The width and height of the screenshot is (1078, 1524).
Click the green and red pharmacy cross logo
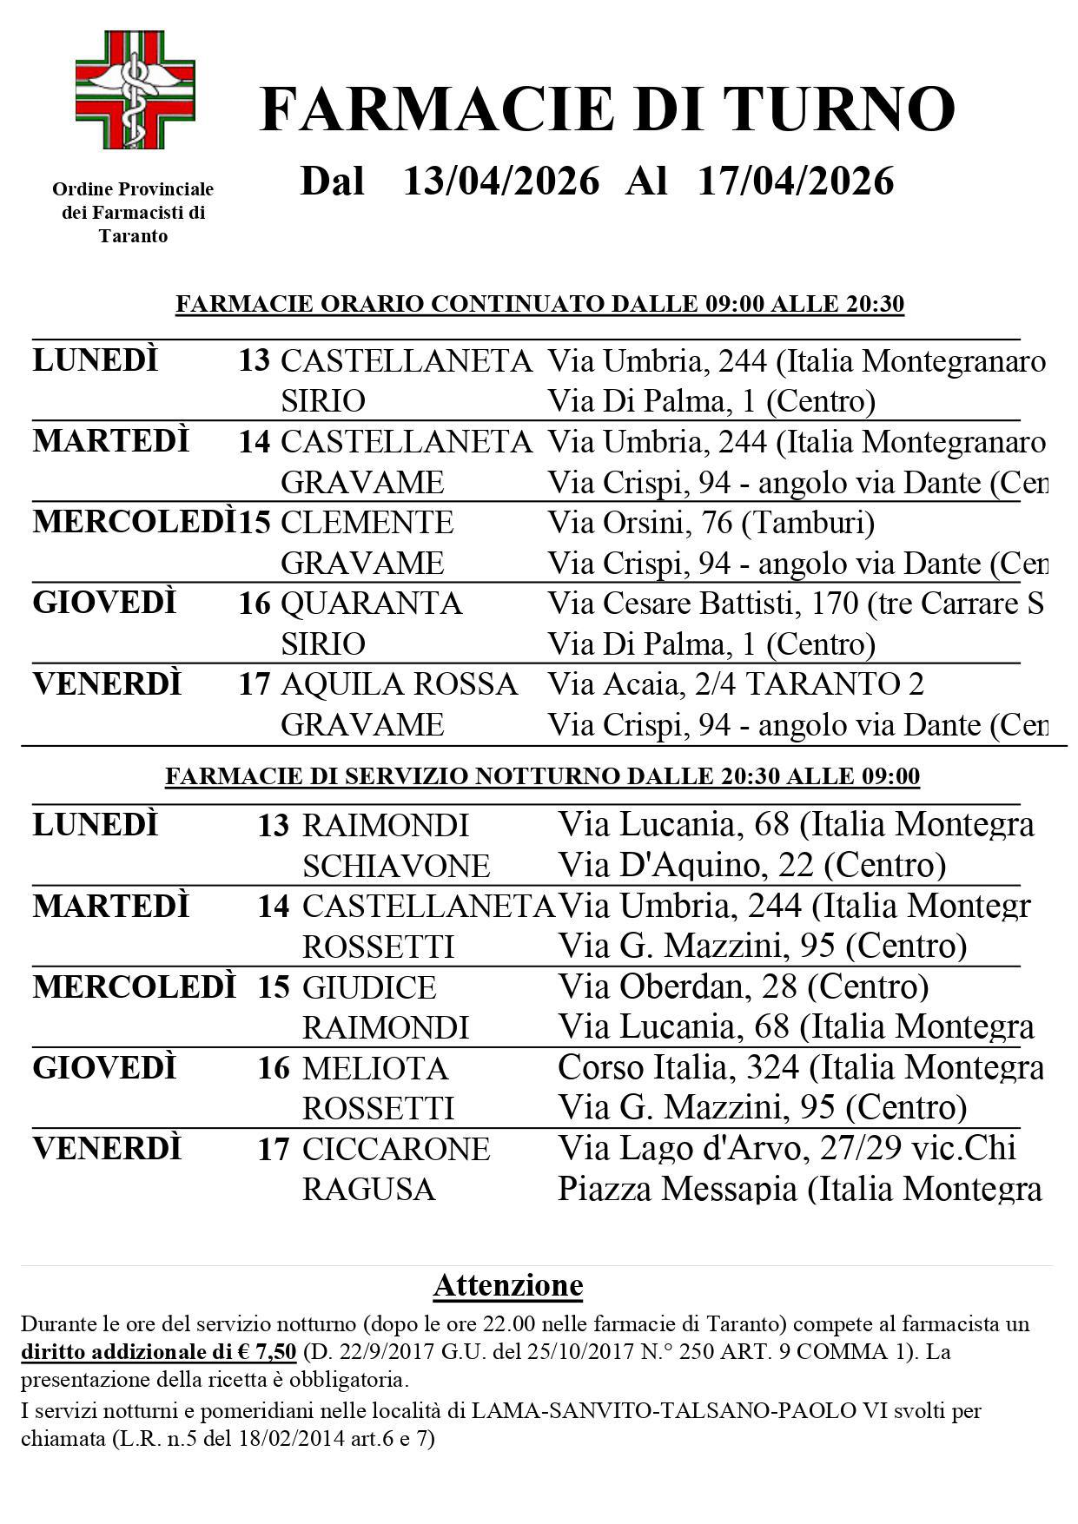(x=135, y=89)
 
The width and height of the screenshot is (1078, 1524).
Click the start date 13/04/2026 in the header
(x=501, y=181)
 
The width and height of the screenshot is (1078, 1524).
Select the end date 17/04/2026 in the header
(x=796, y=181)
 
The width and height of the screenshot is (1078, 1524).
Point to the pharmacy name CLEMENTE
(x=367, y=523)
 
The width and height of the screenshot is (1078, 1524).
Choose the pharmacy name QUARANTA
(x=371, y=604)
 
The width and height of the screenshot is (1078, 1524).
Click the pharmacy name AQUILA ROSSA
(x=399, y=684)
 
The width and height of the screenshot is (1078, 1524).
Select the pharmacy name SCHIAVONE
(x=396, y=866)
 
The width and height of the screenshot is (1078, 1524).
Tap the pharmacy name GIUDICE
(x=369, y=987)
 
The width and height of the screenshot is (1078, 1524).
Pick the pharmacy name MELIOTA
(x=375, y=1068)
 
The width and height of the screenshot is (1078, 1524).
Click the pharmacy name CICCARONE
(x=396, y=1149)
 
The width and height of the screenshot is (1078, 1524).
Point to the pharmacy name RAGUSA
(x=368, y=1189)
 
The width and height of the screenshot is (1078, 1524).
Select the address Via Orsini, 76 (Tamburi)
(x=711, y=523)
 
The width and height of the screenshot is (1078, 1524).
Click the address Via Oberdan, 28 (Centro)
(x=743, y=986)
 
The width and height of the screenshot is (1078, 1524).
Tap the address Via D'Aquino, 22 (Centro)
(x=751, y=865)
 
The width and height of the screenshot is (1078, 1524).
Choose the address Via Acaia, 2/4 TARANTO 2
(x=735, y=684)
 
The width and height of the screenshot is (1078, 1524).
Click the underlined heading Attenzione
(x=508, y=1285)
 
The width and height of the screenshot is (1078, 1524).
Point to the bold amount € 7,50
(x=272, y=1352)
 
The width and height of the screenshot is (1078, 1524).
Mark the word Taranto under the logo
(x=133, y=236)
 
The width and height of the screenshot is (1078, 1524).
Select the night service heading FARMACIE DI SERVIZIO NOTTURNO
(x=542, y=776)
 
